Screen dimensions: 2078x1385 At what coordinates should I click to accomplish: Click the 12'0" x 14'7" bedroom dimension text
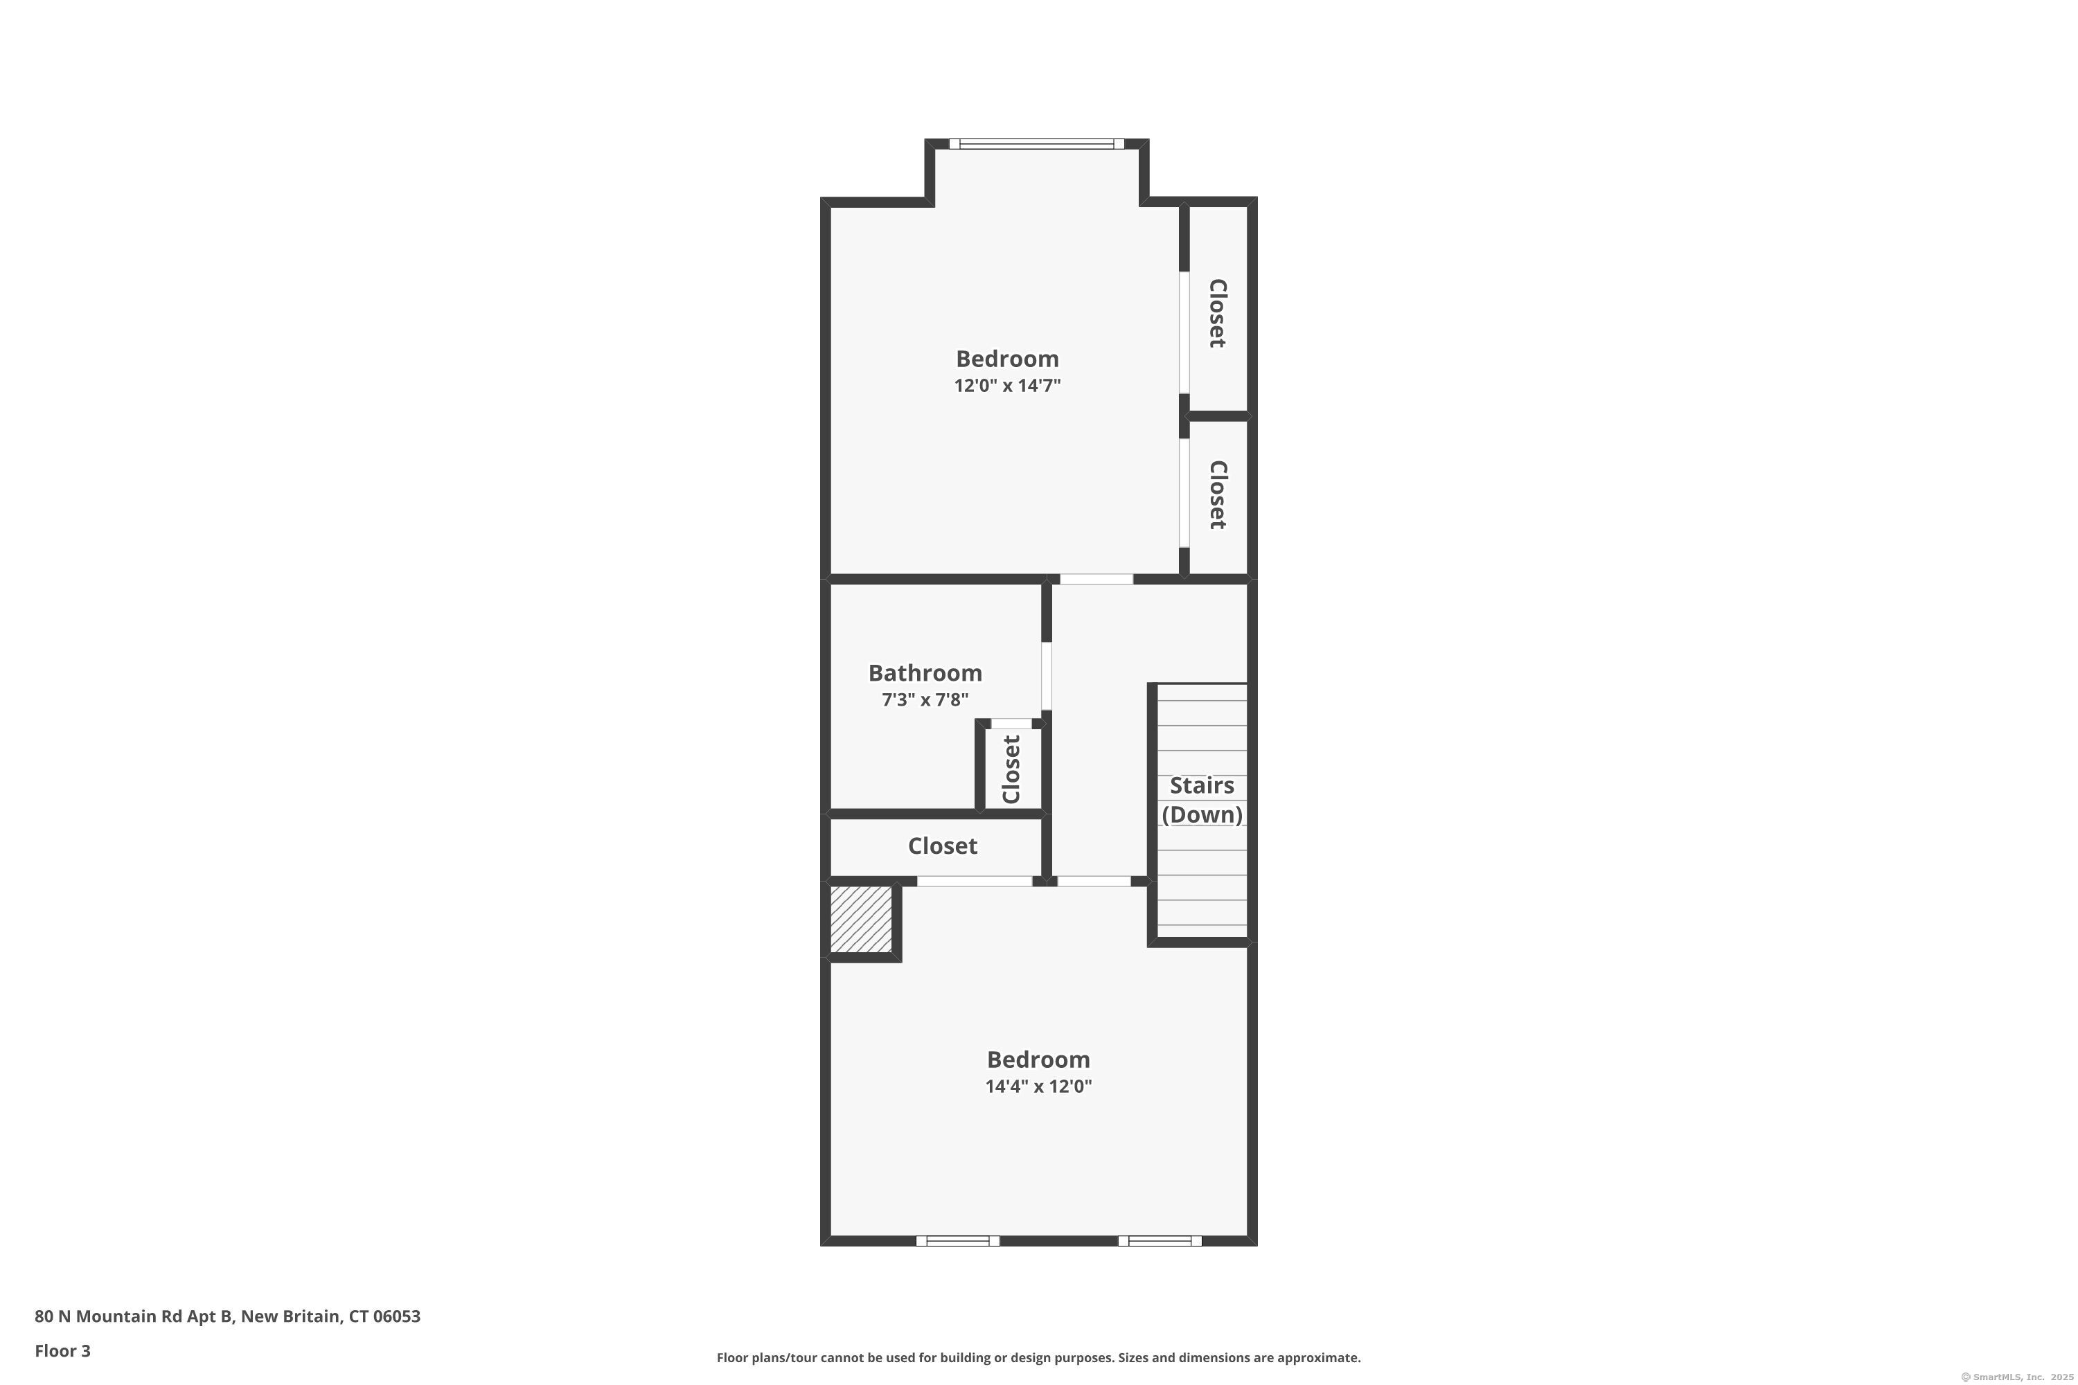click(x=1007, y=385)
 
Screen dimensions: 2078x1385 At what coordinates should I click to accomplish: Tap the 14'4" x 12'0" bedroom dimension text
click(x=1038, y=1087)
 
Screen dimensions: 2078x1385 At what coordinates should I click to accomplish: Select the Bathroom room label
click(x=925, y=673)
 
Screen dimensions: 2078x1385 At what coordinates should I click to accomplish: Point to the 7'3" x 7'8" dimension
click(x=925, y=699)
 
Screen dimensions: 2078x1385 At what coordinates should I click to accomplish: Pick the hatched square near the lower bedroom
click(x=860, y=920)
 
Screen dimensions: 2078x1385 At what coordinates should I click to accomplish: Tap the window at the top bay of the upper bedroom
click(x=1036, y=144)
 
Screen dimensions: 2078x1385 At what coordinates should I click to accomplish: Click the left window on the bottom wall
click(x=958, y=1241)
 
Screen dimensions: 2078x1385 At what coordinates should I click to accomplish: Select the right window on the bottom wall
click(x=1160, y=1241)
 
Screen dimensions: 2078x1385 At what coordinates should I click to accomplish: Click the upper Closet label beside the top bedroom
click(x=1218, y=314)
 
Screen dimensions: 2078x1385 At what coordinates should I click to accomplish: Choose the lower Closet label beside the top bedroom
click(x=1218, y=494)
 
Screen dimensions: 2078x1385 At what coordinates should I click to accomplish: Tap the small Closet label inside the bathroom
click(x=1011, y=769)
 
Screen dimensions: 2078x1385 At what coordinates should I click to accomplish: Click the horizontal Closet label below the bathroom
click(x=943, y=846)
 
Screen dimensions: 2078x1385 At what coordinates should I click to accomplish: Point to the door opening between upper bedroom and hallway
click(x=1096, y=580)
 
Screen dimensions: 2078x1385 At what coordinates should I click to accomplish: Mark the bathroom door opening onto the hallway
click(x=1047, y=677)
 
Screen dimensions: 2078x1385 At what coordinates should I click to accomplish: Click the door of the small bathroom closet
click(x=1011, y=724)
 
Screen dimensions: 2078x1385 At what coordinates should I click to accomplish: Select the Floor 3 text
click(x=63, y=1350)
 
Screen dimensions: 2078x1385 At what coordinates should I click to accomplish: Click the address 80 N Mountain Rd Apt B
click(x=134, y=1316)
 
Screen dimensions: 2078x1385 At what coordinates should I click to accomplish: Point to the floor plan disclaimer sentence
click(x=1039, y=1357)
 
